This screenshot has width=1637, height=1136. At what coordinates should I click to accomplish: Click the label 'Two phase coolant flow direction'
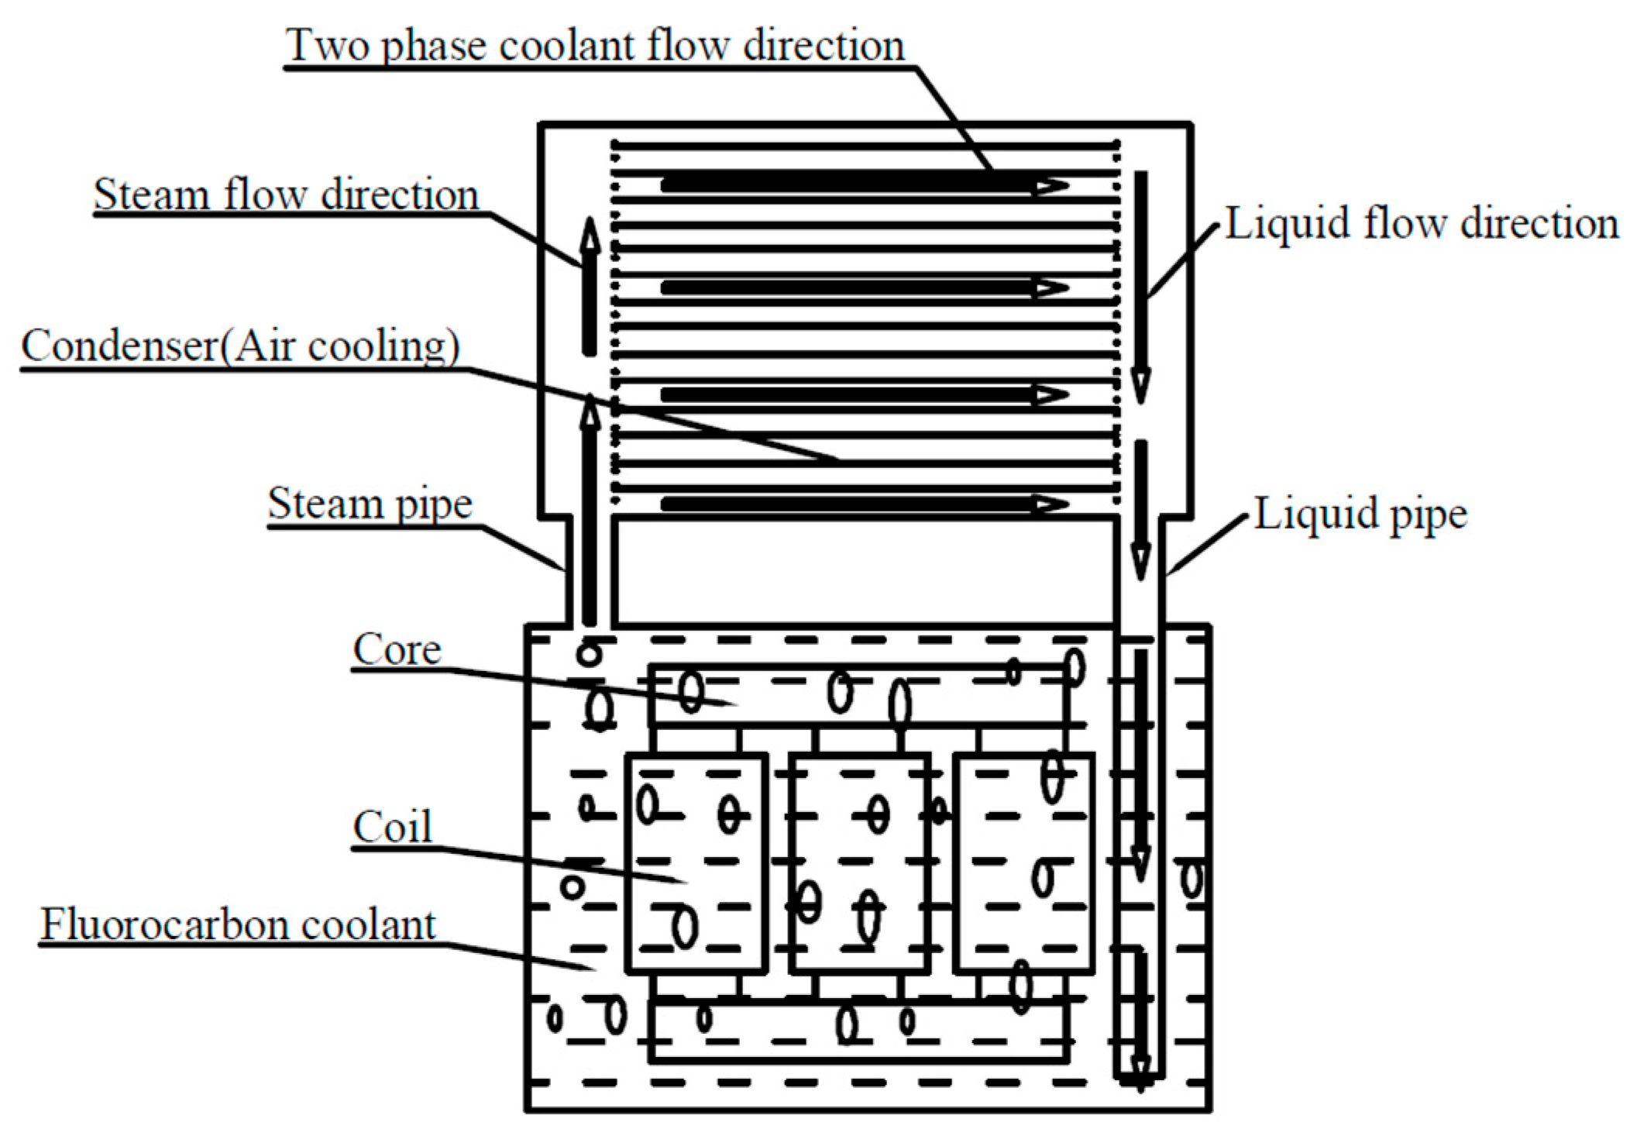point(595,45)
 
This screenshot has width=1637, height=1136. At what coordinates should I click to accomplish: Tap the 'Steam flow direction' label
point(286,194)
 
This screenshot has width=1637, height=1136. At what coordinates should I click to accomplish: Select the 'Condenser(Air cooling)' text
point(240,346)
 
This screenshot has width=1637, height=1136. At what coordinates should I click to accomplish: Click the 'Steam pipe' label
point(370,504)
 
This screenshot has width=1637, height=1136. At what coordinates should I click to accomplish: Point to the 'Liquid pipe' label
point(1360,514)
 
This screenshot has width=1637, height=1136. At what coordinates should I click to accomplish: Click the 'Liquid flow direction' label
point(1422,224)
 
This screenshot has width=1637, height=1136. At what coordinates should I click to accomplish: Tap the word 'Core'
point(397,649)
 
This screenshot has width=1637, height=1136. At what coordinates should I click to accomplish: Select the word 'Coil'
point(392,827)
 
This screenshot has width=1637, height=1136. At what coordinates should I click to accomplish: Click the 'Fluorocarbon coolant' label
point(239,924)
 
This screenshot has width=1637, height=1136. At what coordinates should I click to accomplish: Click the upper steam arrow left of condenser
point(590,287)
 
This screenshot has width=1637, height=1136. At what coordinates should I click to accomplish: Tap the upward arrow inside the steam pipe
point(590,511)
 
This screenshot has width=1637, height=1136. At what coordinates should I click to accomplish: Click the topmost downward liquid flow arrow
point(1140,287)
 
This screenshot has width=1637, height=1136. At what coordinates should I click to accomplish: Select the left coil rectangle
point(696,862)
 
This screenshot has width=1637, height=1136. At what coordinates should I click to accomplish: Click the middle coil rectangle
point(860,862)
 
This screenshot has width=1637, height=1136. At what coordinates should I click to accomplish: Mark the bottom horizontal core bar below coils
point(858,1031)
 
